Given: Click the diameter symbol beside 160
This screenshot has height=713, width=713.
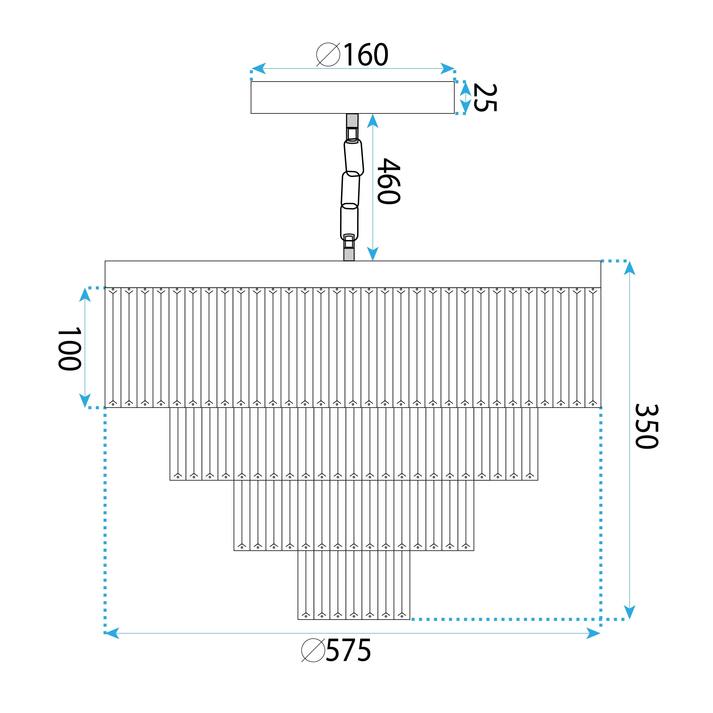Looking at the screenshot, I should coord(328,55).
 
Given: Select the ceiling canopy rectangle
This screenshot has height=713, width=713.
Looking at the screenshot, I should coord(353,97).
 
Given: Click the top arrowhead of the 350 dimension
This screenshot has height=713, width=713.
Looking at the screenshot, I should coord(629,268).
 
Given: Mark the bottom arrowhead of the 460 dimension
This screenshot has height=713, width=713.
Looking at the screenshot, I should coord(373,254).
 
